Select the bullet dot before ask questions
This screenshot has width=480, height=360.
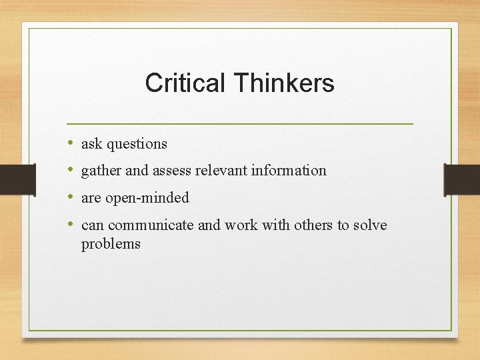coord(71,143)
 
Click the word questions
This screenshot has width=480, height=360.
coord(136,144)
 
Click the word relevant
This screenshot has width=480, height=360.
coord(221,171)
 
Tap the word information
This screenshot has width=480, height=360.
coord(289,171)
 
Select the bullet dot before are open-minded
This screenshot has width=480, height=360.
coord(71,197)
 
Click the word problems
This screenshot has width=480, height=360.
coord(111,244)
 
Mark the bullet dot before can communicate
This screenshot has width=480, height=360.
coord(71,225)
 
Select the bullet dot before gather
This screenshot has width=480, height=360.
coord(71,170)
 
